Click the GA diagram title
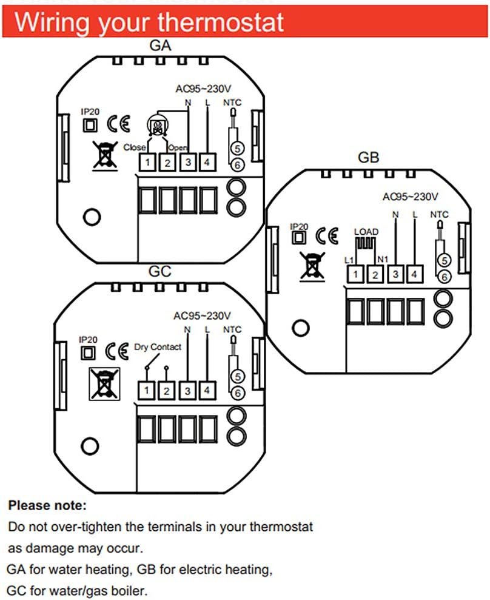tap(160, 46)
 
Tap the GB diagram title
tap(368, 158)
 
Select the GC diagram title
tap(160, 271)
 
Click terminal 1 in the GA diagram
tap(148, 162)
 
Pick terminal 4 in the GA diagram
tap(207, 162)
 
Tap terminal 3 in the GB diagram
tap(395, 275)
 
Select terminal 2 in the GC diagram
tap(167, 391)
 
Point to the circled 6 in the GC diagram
tap(237, 393)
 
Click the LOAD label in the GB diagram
tap(366, 232)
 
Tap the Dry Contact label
tap(158, 347)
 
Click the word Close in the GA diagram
tap(134, 147)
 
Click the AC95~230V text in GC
tap(202, 315)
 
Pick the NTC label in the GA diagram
tap(232, 103)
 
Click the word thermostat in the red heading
tap(222, 22)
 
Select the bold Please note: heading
tap(47, 505)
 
